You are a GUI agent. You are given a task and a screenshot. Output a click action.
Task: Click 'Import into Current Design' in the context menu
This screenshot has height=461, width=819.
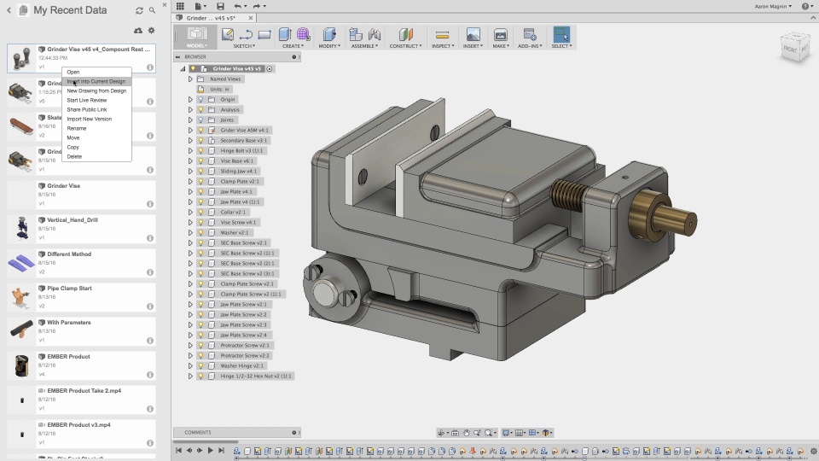(x=96, y=81)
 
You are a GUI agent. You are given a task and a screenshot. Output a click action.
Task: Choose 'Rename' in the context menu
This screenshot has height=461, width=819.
(x=77, y=128)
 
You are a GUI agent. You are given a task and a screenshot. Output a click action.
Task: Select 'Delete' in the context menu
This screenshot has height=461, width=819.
(x=74, y=156)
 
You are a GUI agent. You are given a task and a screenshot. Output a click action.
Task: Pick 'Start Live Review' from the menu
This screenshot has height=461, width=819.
(x=86, y=100)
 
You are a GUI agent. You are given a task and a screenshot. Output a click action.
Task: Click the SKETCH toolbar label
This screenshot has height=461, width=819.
(x=245, y=46)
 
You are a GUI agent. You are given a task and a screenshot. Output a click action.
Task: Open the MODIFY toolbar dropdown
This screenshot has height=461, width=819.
(x=329, y=46)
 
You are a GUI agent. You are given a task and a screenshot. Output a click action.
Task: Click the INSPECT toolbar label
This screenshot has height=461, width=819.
(x=443, y=46)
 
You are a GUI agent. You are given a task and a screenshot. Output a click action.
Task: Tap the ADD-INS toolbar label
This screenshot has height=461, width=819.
(x=529, y=46)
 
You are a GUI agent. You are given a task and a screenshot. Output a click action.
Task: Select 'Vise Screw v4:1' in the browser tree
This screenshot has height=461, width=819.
(x=238, y=222)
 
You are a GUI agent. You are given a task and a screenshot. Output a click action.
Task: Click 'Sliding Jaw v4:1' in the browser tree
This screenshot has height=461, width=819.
(x=238, y=171)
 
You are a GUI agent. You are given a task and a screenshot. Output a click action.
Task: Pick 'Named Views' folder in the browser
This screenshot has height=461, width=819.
(x=225, y=79)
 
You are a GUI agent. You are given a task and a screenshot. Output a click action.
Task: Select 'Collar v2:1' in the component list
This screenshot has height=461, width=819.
(x=233, y=212)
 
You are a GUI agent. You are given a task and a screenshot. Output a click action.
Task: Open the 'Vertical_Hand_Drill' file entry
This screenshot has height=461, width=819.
(x=73, y=219)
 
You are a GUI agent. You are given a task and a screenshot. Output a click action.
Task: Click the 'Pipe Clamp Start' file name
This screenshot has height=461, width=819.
(x=69, y=288)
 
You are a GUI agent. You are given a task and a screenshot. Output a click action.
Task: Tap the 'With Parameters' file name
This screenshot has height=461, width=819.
(x=68, y=322)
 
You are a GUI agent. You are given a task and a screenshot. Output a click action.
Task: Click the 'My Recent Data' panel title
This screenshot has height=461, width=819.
(x=70, y=10)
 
